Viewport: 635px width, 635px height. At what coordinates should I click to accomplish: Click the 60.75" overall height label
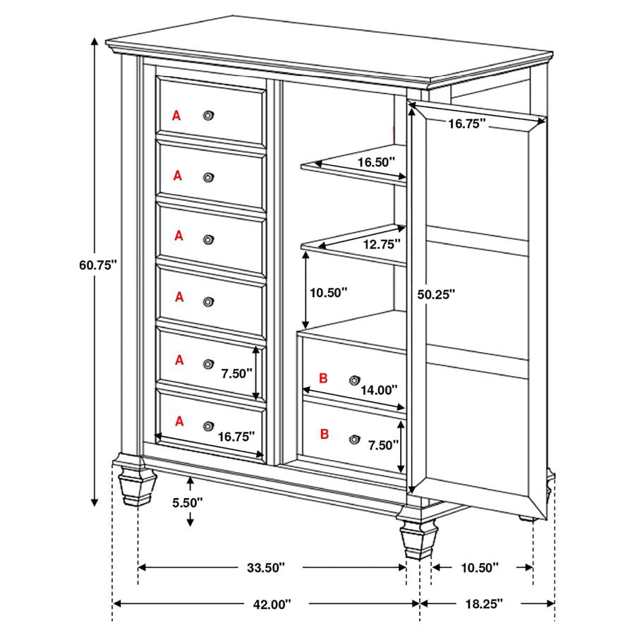click(x=97, y=265)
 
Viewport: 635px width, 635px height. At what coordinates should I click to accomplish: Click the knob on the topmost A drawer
click(x=208, y=115)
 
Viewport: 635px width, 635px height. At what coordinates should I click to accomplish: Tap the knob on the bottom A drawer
click(x=207, y=426)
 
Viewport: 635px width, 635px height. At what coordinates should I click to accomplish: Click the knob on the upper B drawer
click(x=354, y=380)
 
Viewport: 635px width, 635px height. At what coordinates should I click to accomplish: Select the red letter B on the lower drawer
click(x=325, y=434)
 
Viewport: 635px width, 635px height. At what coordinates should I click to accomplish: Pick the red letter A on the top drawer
click(x=176, y=115)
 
